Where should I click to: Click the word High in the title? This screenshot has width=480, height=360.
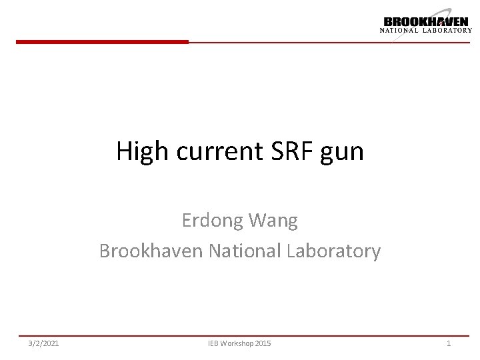(141, 152)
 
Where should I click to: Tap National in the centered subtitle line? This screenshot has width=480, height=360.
(245, 251)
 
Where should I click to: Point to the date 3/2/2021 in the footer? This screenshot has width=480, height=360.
(43, 343)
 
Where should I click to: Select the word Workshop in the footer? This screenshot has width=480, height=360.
(237, 343)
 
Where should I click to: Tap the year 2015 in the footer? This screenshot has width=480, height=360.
(263, 343)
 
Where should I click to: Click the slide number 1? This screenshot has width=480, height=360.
(449, 343)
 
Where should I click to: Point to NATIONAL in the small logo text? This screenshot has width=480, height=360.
(399, 30)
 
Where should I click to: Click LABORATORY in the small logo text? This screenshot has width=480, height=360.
(447, 30)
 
